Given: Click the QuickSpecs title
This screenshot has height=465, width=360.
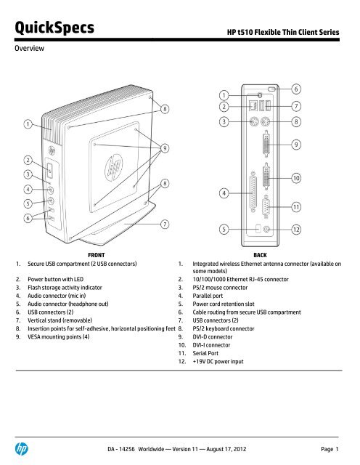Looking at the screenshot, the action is point(54,28).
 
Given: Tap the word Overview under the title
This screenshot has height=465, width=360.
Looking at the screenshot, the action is point(29,49).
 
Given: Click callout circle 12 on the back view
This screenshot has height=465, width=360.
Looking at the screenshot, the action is point(296,230).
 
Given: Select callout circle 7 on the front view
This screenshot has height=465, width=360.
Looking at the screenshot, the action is point(165,224).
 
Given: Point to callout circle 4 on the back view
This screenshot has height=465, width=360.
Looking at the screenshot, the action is point(224,193).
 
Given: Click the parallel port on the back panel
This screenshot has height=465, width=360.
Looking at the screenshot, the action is point(253,192).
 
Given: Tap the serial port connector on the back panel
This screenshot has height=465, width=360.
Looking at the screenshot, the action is point(266,206).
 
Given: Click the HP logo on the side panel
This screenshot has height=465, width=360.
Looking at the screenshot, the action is point(114,167).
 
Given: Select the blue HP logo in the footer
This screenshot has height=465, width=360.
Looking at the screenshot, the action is point(22,449).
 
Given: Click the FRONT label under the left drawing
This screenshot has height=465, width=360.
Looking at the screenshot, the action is point(97,255).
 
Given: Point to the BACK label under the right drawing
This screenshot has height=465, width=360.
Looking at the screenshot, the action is point(260,255).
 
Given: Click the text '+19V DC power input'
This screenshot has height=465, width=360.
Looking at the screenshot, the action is point(218,362).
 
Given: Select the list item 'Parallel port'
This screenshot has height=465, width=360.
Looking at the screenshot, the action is point(208,296).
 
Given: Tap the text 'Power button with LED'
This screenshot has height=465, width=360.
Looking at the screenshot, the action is point(56,279).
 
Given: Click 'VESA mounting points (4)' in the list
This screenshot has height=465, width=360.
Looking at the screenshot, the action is point(59,337).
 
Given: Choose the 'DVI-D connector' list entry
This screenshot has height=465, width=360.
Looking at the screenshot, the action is point(213,337).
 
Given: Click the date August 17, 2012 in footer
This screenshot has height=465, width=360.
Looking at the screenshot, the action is point(226,449).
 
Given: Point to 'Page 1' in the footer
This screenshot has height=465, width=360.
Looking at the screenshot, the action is point(330,449).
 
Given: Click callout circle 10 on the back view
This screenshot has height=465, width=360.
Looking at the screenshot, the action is point(296,178).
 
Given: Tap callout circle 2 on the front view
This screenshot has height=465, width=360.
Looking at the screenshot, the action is point(28,161).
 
